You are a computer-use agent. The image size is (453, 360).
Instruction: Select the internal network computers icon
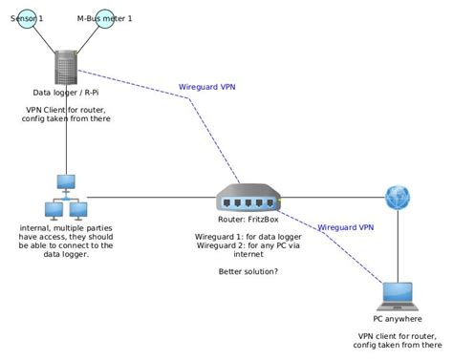point(66,198)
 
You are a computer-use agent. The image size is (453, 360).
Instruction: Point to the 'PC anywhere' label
point(399,321)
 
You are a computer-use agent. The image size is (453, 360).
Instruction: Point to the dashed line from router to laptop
point(334,248)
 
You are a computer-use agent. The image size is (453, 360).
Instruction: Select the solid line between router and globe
point(334,198)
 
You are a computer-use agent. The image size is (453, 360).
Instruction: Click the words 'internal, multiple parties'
point(66,227)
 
